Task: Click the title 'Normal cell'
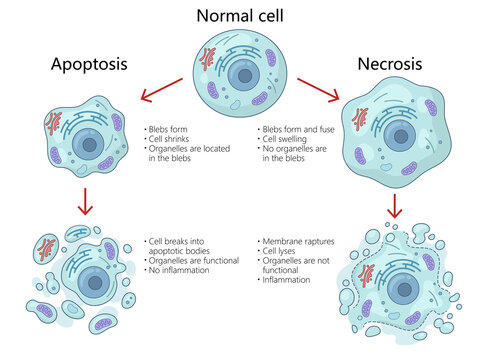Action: coord(241,16)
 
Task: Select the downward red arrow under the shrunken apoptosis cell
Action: coord(86,203)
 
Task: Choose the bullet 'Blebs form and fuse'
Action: coord(298,130)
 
